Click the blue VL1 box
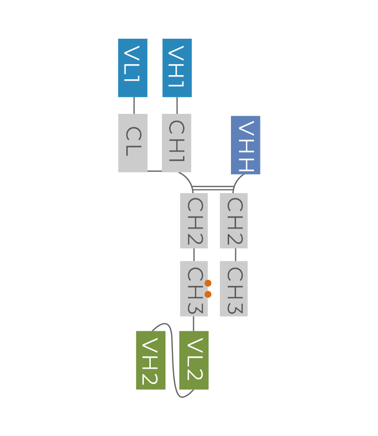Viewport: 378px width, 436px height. (x=133, y=68)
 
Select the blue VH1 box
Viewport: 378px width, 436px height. (x=177, y=68)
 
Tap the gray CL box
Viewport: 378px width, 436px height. (x=133, y=143)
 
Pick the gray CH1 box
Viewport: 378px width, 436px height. (x=177, y=143)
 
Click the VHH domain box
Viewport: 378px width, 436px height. (x=246, y=145)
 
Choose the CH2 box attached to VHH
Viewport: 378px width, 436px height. (x=234, y=221)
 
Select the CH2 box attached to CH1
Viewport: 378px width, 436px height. (x=194, y=221)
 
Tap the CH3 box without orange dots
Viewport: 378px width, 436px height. (x=234, y=289)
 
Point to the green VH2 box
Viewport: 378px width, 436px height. (x=151, y=360)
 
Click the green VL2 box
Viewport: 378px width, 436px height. (x=194, y=360)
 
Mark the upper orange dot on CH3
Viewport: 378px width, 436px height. (x=208, y=283)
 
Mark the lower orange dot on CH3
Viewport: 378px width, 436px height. (x=208, y=294)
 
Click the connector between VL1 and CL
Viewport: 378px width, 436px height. (x=134, y=106)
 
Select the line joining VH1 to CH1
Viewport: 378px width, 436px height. (x=177, y=106)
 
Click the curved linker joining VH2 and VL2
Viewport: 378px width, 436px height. (x=173, y=359)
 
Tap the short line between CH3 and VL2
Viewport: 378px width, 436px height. (x=194, y=324)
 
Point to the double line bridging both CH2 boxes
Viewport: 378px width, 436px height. (x=213, y=188)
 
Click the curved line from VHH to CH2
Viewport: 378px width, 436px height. (x=236, y=181)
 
